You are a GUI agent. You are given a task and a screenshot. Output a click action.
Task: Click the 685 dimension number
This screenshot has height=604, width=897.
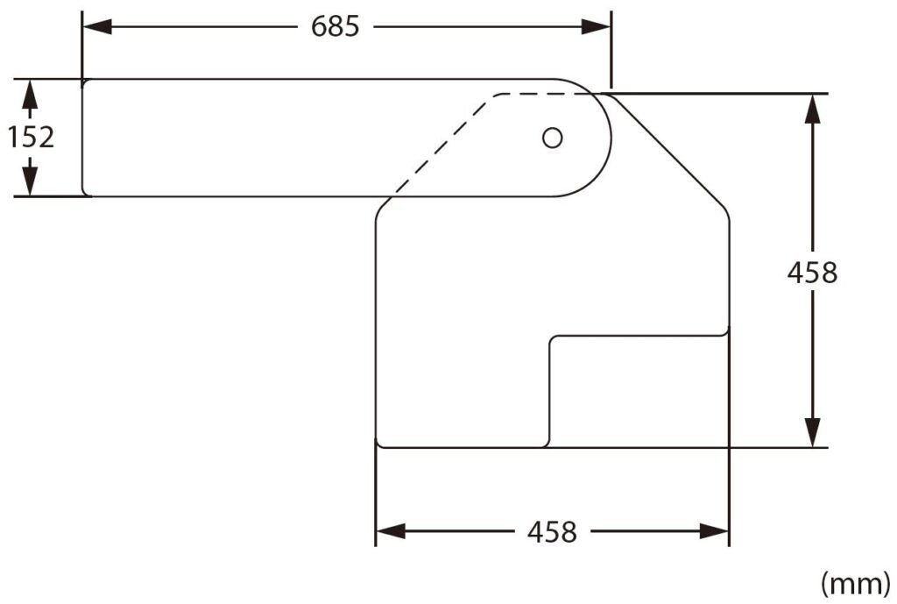coord(335,26)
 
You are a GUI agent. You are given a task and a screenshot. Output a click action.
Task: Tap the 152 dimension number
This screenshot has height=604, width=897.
coord(32,137)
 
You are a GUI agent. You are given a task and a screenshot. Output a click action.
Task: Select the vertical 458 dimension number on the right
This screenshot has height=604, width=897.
coord(813,273)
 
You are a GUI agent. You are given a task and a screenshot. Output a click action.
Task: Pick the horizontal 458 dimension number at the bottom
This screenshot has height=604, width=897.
coord(552,531)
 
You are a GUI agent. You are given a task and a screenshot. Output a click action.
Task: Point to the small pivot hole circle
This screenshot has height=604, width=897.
coord(552,138)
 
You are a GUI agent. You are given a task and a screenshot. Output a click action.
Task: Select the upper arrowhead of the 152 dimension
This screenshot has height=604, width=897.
coord(31,92)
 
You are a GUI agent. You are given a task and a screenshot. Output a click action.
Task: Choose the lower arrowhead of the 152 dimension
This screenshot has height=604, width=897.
coord(31,181)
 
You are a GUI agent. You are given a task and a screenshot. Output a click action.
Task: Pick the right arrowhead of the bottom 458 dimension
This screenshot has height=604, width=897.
coord(714,531)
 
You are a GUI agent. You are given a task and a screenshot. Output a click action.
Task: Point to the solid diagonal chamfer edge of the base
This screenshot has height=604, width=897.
coord(670,149)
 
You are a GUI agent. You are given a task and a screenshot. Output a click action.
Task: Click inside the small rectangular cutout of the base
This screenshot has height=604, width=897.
coord(638,390)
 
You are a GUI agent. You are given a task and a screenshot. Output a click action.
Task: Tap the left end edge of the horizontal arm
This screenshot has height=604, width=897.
coord(81,138)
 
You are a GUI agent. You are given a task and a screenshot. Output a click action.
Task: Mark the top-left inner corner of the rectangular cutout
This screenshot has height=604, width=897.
coord(551,338)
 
